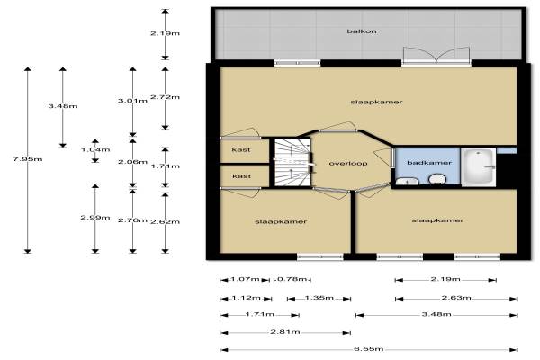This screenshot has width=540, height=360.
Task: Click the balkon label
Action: click(x=361, y=31)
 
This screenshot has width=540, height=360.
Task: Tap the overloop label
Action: click(x=348, y=163)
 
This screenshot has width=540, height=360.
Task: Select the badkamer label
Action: click(x=429, y=163)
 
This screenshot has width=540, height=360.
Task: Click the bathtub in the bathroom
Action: click(x=479, y=167)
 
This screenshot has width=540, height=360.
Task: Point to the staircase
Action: click(x=292, y=162)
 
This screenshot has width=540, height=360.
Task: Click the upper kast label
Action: click(x=241, y=150)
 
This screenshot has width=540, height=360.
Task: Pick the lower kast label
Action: click(x=241, y=176)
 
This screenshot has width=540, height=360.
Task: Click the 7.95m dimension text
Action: click(x=28, y=159)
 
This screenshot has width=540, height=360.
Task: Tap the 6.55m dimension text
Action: click(x=368, y=348)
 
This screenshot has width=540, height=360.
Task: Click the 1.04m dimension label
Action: click(x=95, y=149)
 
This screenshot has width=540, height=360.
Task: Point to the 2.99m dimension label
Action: click(x=95, y=218)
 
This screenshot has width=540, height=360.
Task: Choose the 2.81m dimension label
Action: click(x=285, y=332)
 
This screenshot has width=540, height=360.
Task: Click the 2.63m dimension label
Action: click(x=456, y=297)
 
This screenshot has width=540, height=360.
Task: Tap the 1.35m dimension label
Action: click(x=319, y=297)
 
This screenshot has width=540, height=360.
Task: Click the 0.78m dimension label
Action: click(x=292, y=279)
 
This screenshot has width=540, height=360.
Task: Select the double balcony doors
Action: click(x=436, y=56)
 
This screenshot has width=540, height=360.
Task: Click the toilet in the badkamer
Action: click(x=437, y=179)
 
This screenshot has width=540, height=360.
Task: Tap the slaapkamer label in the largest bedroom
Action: click(x=376, y=102)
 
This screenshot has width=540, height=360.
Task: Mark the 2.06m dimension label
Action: click(x=132, y=162)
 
